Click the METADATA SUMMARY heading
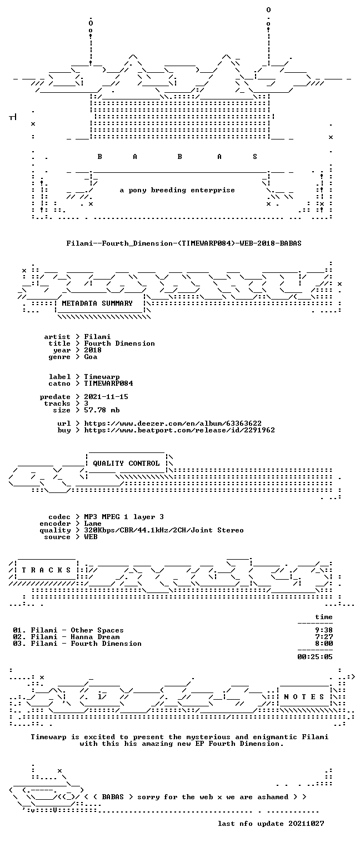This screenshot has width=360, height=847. tap(97, 303)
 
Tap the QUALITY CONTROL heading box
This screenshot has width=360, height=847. tap(126, 463)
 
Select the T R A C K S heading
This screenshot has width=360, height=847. tap(47, 570)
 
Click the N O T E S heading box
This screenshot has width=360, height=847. tap(304, 696)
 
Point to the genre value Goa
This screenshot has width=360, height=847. tap(91, 357)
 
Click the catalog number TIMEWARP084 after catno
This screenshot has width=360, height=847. tap(108, 383)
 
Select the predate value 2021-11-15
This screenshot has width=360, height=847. tap(106, 397)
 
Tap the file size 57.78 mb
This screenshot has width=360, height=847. tap(102, 410)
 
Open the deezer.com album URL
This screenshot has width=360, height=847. tap(173, 423)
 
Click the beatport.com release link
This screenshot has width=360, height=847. tap(179, 430)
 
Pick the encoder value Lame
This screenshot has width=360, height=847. tap(93, 524)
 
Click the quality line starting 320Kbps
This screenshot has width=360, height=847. tap(164, 530)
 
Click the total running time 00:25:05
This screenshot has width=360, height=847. tap(315, 657)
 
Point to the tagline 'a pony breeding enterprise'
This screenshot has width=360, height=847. tap(177, 190)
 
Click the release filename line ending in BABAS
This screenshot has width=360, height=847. tap(184, 243)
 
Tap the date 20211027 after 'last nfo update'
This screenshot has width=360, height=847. tap(306, 824)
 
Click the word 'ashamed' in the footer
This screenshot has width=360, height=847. tap(273, 797)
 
